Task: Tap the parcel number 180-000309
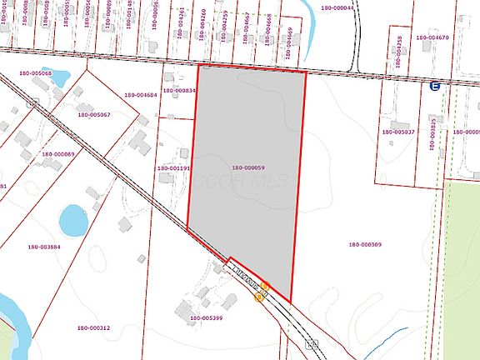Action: tap(365, 244)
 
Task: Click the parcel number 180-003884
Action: tap(44, 247)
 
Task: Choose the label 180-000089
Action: tap(57, 153)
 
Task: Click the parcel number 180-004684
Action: tap(141, 94)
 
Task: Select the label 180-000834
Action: tap(179, 90)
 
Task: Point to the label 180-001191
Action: tap(174, 167)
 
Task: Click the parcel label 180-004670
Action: tap(432, 37)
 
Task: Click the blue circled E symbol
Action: tap(434, 86)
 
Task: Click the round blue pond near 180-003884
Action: tap(72, 220)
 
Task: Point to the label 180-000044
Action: tap(337, 7)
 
